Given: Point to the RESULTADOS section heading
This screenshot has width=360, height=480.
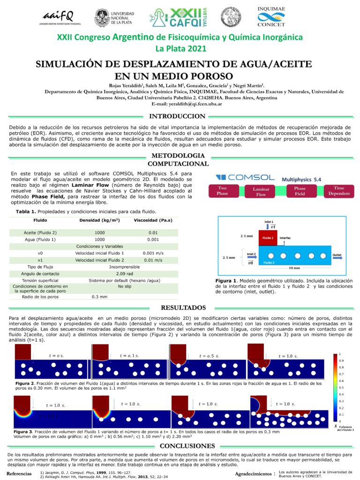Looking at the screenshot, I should pyautogui.click(x=180, y=307).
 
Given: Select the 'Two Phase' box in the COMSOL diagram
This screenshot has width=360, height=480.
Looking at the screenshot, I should pyautogui.click(x=222, y=191).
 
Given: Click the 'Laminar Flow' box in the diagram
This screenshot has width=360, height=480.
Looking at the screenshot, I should pyautogui.click(x=261, y=191).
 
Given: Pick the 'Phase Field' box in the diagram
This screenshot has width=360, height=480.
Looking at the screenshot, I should pyautogui.click(x=300, y=191).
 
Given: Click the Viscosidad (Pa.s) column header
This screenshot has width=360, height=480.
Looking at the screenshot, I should pyautogui.click(x=148, y=220).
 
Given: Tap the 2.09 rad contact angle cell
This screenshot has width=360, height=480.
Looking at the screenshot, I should pyautogui.click(x=127, y=273).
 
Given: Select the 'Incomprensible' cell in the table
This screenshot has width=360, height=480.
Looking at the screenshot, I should pyautogui.click(x=126, y=266).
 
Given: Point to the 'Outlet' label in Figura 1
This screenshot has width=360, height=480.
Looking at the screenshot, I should pyautogui.click(x=337, y=255).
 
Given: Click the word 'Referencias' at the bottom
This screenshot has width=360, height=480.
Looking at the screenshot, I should pyautogui.click(x=19, y=474).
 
